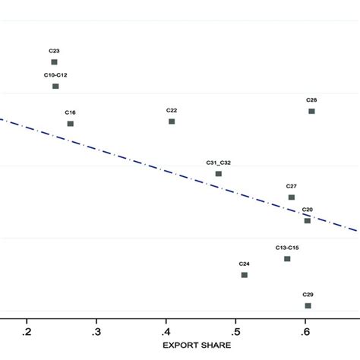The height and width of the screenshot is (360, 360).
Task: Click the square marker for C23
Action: point(54,62)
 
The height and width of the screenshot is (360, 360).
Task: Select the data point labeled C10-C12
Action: point(55,87)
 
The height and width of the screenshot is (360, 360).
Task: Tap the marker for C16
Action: point(70,124)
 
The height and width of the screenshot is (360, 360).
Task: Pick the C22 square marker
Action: point(172,122)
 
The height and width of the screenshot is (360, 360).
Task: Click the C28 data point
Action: point(311,112)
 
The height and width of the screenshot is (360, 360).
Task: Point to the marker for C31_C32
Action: point(219,174)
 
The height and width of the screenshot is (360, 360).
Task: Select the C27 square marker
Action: point(291,197)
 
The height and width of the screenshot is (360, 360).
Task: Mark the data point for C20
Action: point(308,221)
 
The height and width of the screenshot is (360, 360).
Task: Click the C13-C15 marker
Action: point(287,259)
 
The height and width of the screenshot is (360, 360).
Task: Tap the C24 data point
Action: point(244,275)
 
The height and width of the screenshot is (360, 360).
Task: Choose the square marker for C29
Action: point(308,305)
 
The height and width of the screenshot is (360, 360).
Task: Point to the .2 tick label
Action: point(27,331)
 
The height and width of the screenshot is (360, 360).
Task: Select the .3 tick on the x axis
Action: point(96,331)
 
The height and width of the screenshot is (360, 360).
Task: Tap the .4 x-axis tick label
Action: point(166,331)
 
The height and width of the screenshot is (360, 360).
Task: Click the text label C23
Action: point(54,51)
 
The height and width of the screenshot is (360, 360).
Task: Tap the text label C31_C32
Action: point(219,163)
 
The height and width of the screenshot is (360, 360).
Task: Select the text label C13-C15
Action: point(287,248)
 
